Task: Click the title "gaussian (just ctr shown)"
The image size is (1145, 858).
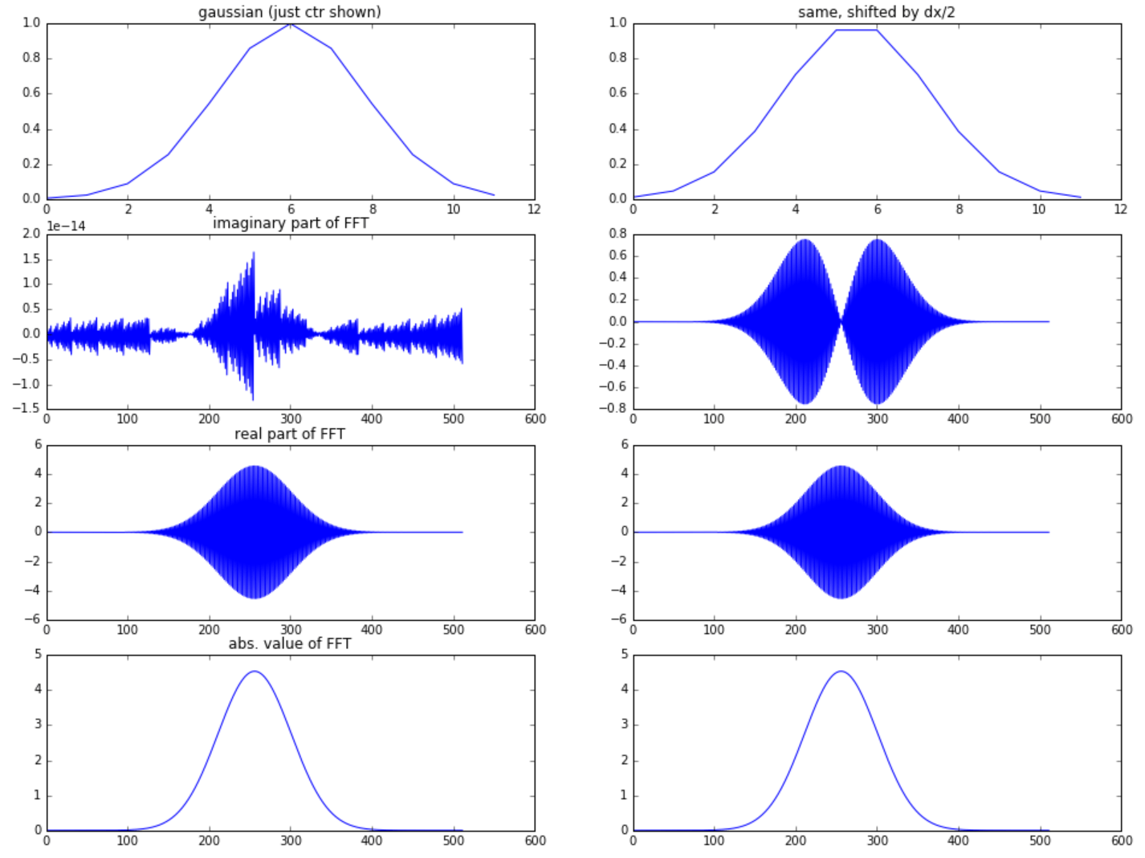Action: tap(290, 12)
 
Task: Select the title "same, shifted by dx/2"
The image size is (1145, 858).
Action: tap(876, 12)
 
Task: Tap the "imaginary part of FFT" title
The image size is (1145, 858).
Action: tap(290, 223)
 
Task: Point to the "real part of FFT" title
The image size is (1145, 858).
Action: tap(290, 434)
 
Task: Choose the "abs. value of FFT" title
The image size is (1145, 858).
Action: tap(290, 643)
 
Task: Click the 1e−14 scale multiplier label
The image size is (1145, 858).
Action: tap(66, 226)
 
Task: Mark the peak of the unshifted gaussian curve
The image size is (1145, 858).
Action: tap(290, 24)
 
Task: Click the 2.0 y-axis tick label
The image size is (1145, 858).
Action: tap(31, 234)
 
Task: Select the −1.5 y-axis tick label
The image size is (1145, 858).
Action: tap(27, 409)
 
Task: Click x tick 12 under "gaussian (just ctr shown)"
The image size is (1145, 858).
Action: tap(534, 209)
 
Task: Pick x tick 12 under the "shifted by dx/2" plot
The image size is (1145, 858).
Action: tap(1121, 209)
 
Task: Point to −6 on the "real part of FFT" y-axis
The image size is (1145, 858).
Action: tap(31, 619)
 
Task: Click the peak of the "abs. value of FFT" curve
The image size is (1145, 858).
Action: tap(255, 671)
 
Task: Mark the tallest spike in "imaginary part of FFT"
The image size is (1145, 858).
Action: tap(254, 253)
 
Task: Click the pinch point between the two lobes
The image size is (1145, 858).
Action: tap(841, 321)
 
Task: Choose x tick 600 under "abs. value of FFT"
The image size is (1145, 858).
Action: tap(535, 840)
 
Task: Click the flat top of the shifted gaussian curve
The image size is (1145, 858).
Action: tap(856, 31)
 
